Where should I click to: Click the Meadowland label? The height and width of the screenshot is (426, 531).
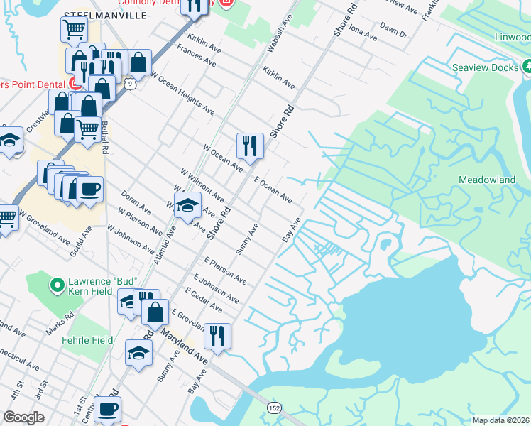click(487, 180)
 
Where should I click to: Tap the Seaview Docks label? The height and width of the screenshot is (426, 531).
click(486, 69)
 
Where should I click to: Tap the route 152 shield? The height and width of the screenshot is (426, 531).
click(274, 408)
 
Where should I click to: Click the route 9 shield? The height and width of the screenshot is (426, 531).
click(128, 84)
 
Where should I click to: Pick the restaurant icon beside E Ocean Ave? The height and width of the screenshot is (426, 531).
click(249, 146)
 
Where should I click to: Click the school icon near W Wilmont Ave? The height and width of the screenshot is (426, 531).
click(186, 206)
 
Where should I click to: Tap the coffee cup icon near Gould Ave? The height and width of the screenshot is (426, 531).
click(89, 190)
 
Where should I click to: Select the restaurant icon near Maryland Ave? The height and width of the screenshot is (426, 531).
click(217, 334)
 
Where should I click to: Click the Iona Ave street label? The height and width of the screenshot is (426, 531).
click(362, 33)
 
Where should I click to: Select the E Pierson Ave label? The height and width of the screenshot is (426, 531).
click(225, 271)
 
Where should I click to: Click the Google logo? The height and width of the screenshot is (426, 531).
click(23, 417)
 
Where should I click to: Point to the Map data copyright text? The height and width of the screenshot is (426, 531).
click(501, 420)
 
